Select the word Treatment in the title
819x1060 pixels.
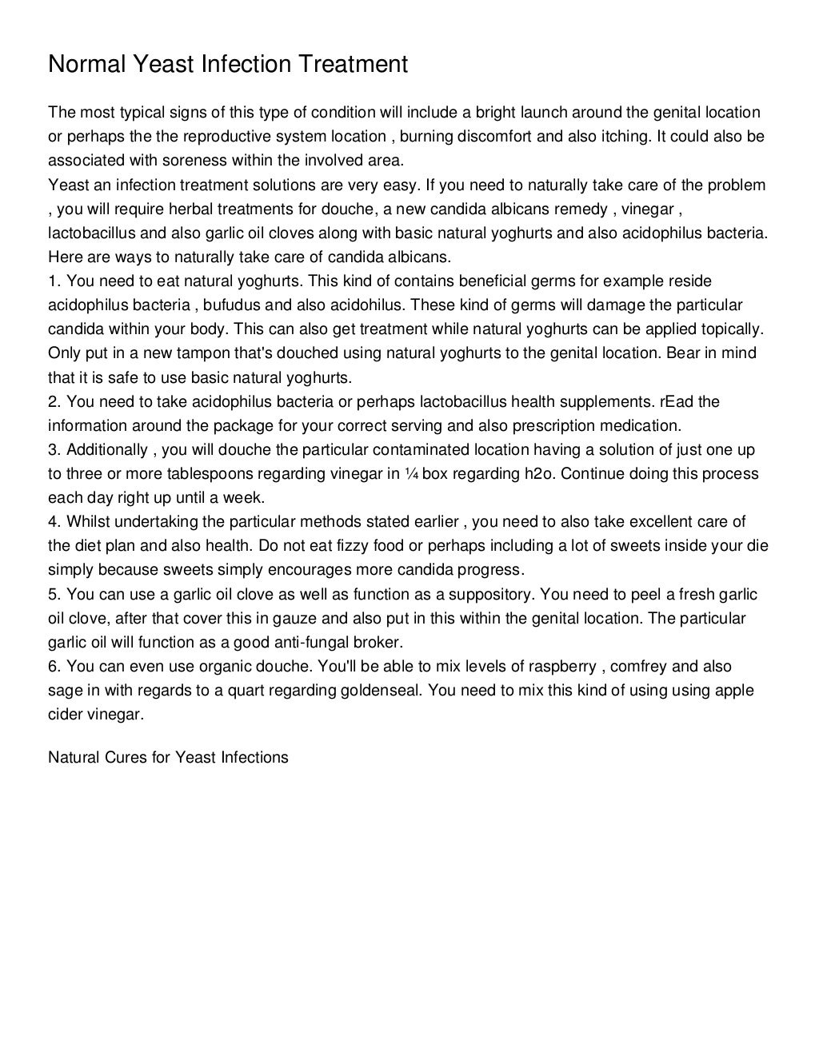click(x=353, y=64)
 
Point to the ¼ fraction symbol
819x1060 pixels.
click(x=411, y=474)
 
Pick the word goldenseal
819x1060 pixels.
click(x=381, y=691)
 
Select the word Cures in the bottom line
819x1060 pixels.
click(x=125, y=757)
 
